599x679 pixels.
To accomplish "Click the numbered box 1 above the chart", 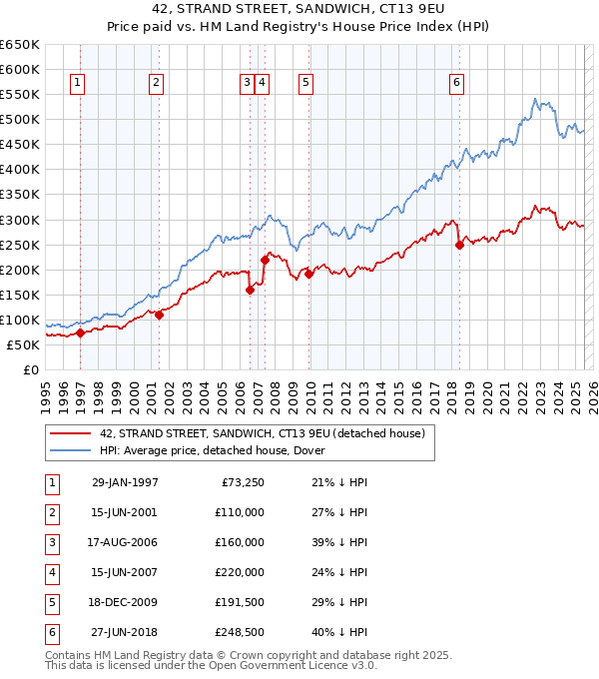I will [78, 84].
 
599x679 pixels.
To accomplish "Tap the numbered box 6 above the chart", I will [456, 84].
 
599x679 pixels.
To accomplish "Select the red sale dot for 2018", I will [459, 245].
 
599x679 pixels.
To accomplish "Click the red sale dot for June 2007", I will [265, 260].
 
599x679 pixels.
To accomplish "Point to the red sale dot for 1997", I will [80, 333].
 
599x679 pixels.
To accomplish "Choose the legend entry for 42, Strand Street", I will [263, 433].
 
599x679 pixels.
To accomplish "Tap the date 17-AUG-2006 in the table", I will [125, 542].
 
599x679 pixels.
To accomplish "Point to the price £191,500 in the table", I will [240, 602].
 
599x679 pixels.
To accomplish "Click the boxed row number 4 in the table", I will [50, 572].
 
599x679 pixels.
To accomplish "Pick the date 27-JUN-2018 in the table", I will [125, 632].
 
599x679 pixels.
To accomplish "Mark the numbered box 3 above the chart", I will [246, 84].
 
